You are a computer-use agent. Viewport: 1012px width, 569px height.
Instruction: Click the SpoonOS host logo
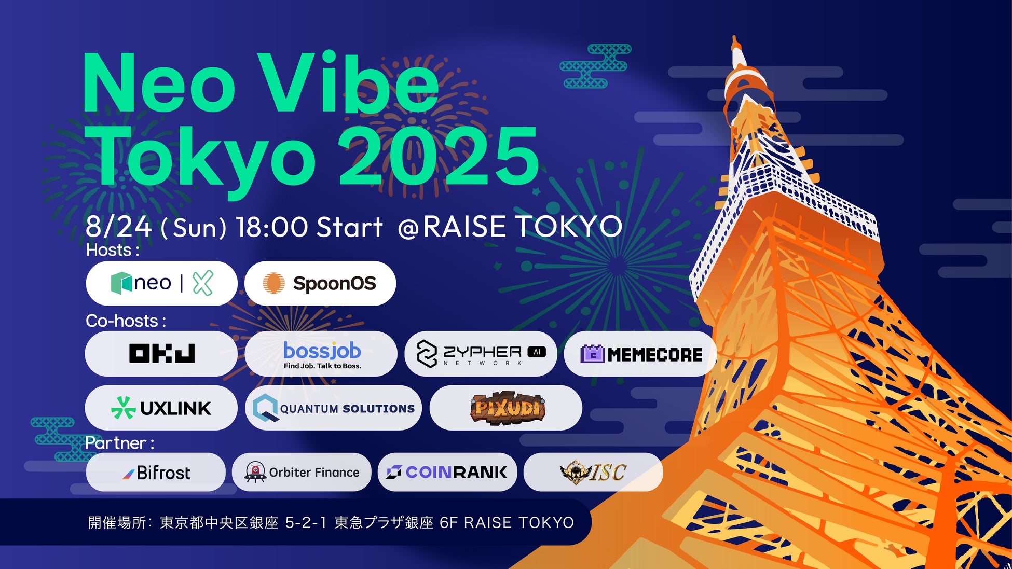click(x=320, y=283)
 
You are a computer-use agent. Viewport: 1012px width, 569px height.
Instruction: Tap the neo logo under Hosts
click(x=162, y=283)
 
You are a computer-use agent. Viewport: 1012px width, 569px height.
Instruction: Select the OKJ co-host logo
click(x=162, y=353)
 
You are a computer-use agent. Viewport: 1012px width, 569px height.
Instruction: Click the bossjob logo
click(x=322, y=355)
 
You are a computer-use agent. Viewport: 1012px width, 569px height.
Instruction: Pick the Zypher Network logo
click(x=481, y=354)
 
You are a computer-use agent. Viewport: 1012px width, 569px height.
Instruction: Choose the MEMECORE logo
click(x=641, y=354)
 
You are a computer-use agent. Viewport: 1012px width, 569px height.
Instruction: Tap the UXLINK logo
click(x=161, y=408)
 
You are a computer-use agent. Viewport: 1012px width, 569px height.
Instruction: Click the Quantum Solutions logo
click(x=334, y=408)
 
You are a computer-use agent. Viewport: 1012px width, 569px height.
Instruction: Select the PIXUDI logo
click(x=507, y=408)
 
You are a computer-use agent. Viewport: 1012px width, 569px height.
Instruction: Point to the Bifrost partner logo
click(x=156, y=473)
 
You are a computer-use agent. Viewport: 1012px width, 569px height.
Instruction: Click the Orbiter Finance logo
click(x=302, y=472)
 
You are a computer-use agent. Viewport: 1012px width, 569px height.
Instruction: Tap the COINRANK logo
click(x=446, y=472)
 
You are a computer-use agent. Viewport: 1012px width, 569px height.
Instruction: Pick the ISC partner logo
click(x=593, y=472)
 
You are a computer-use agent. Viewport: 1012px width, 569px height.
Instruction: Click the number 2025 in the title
click(x=439, y=156)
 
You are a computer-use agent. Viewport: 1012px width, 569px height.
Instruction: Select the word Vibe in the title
click(x=349, y=82)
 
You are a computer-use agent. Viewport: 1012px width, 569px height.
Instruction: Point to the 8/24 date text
click(x=119, y=227)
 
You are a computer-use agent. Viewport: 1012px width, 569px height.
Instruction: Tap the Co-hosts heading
click(x=126, y=321)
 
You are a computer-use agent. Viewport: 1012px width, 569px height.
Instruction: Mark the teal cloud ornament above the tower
click(x=595, y=66)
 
